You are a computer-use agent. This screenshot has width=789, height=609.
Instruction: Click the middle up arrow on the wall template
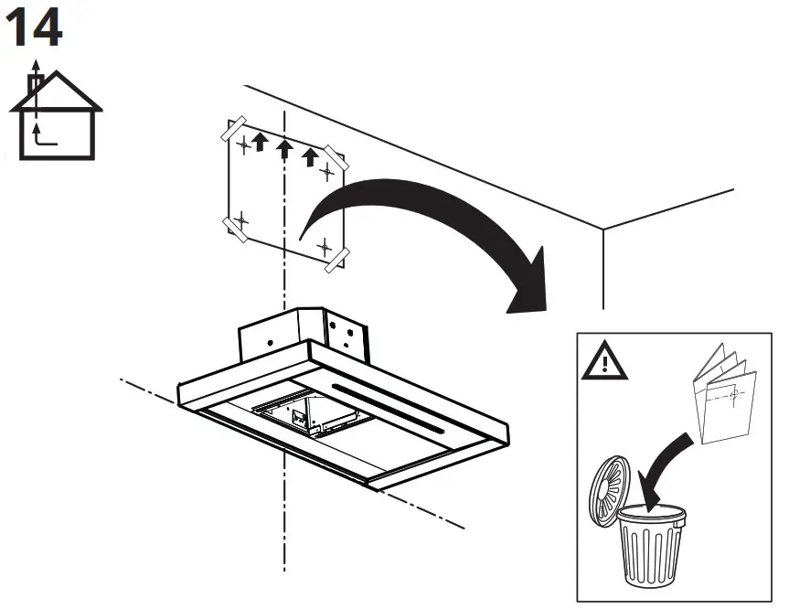click(284, 148)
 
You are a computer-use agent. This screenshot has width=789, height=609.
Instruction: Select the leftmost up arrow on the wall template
click(260, 141)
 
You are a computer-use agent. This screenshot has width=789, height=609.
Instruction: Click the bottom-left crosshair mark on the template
click(241, 220)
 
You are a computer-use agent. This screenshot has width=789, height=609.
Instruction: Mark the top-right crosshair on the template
click(327, 171)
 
